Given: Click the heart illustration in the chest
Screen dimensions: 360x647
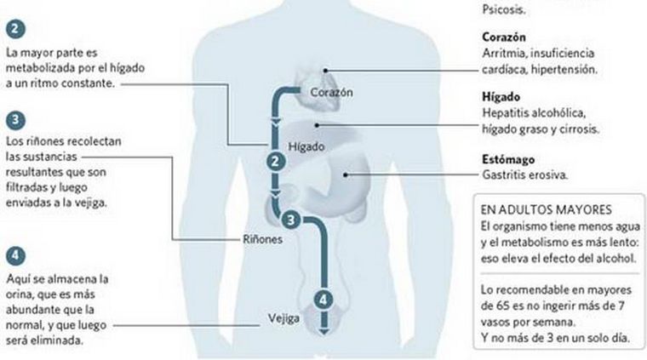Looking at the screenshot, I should pyautogui.click(x=307, y=78).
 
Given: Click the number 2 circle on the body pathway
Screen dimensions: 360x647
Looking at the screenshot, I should pyautogui.click(x=274, y=162).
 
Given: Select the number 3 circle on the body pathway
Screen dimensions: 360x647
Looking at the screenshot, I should pyautogui.click(x=291, y=220).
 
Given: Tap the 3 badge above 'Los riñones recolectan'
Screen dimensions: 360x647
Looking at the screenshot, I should pyautogui.click(x=14, y=118).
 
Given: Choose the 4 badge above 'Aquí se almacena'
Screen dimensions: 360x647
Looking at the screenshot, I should pyautogui.click(x=14, y=254).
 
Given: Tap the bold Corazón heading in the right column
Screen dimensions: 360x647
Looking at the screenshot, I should pyautogui.click(x=502, y=37).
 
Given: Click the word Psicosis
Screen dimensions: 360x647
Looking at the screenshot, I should pyautogui.click(x=502, y=11).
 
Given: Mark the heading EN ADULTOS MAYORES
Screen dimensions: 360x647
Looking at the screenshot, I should pyautogui.click(x=540, y=209).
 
